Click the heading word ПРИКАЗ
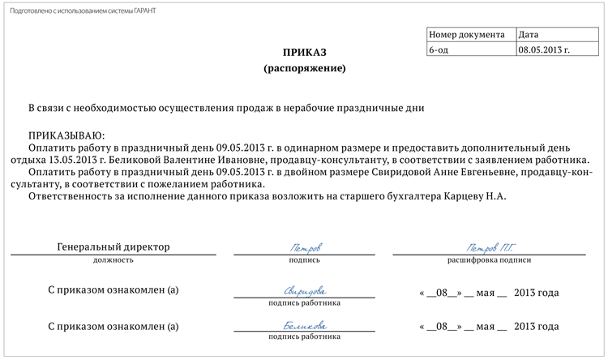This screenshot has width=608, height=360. point(304,52)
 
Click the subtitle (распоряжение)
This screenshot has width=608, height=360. point(304,68)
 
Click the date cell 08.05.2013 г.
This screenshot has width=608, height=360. point(544,49)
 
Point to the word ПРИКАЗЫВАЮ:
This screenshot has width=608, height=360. point(66,135)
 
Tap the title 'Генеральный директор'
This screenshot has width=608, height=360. point(114,246)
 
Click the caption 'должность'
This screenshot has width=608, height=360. point(114,260)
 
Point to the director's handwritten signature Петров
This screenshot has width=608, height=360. point(305,246)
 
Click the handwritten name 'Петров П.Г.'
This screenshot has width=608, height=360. point(489,246)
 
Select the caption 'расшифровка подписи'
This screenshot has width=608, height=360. point(489,260)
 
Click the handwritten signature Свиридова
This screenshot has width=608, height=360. point(305,290)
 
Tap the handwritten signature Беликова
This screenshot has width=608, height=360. point(305,326)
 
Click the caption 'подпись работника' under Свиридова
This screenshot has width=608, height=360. point(304,303)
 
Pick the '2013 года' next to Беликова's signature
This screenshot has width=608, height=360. point(537,328)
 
